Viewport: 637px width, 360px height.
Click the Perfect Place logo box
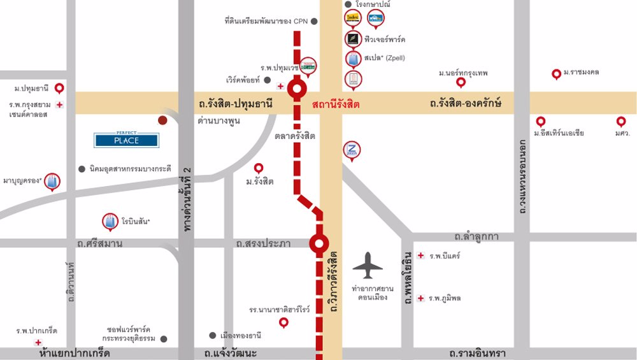click(x=126, y=139)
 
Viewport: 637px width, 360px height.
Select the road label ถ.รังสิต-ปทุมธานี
click(x=236, y=102)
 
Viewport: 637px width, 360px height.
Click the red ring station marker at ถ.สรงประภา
click(x=318, y=243)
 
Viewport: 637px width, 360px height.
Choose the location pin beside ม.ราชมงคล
click(x=556, y=74)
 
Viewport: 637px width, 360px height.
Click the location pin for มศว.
click(x=621, y=121)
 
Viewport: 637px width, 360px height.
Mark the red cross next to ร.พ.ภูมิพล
click(x=420, y=298)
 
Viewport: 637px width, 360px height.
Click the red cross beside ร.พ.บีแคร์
click(x=420, y=256)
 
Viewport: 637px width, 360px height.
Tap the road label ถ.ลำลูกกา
click(x=473, y=236)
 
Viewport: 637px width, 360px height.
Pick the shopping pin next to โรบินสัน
click(x=110, y=221)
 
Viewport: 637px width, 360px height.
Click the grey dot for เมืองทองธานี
click(x=213, y=335)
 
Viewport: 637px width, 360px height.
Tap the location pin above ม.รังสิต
click(x=259, y=168)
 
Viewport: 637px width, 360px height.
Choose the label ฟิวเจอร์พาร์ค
click(x=385, y=40)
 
